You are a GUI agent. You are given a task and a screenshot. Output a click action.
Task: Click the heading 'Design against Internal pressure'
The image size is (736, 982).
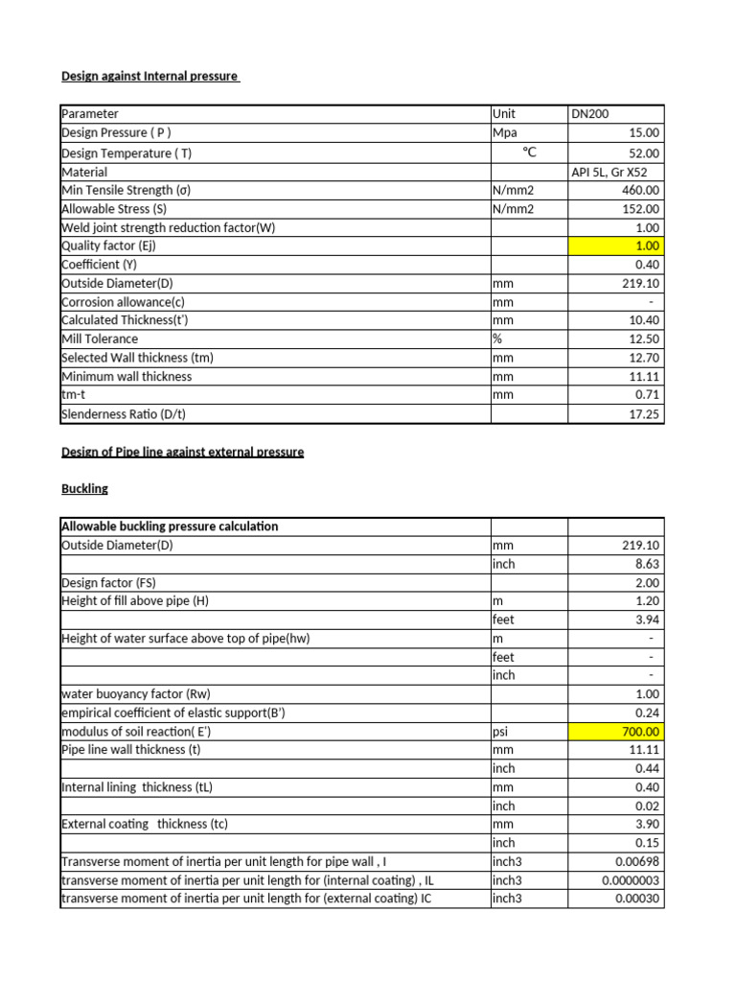coord(149,76)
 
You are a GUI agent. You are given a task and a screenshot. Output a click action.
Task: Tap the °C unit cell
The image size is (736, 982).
coord(529,152)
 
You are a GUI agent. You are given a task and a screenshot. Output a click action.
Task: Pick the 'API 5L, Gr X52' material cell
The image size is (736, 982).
coord(614,172)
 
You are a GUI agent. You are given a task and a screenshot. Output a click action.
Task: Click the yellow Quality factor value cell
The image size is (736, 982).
coord(615,245)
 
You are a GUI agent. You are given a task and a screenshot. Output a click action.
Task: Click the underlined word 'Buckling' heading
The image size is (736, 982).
coord(84,488)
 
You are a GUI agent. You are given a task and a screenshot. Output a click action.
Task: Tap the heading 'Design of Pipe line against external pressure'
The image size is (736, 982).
coord(182,451)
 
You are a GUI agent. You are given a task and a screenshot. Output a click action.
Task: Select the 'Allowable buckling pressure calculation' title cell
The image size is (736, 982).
coord(170,526)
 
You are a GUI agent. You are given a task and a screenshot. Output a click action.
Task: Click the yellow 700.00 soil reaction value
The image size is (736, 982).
coord(615,732)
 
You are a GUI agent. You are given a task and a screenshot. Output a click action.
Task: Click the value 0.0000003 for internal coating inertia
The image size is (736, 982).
coord(631,880)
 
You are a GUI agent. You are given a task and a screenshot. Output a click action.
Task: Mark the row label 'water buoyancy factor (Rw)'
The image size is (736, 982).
coord(135,694)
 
